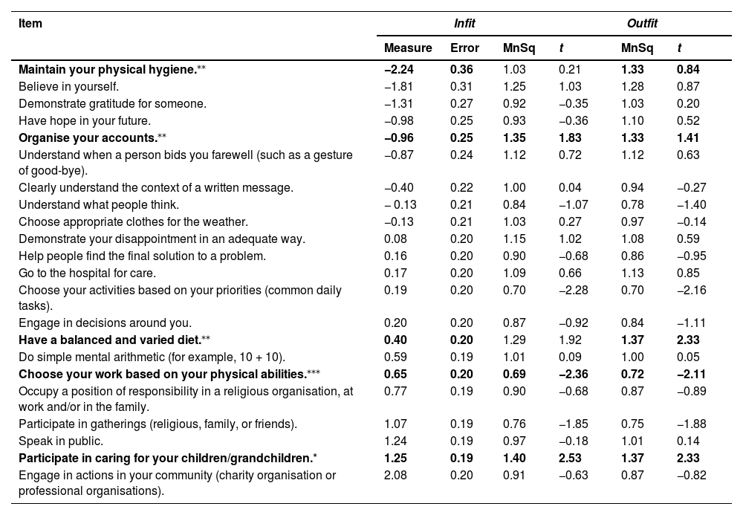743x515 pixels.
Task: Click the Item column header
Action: point(30,24)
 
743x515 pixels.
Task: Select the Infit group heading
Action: point(464,24)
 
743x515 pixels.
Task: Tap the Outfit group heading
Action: point(642,24)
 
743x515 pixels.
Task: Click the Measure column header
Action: point(407,48)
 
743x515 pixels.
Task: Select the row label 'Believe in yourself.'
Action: point(68,86)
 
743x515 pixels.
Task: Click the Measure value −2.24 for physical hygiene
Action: point(398,69)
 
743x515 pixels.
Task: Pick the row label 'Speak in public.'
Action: point(57,441)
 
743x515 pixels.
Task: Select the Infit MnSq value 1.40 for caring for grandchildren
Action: point(513,459)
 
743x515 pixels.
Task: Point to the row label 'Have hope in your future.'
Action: point(84,120)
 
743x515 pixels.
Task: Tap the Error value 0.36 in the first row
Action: point(461,69)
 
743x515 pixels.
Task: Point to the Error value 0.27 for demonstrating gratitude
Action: point(461,103)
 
